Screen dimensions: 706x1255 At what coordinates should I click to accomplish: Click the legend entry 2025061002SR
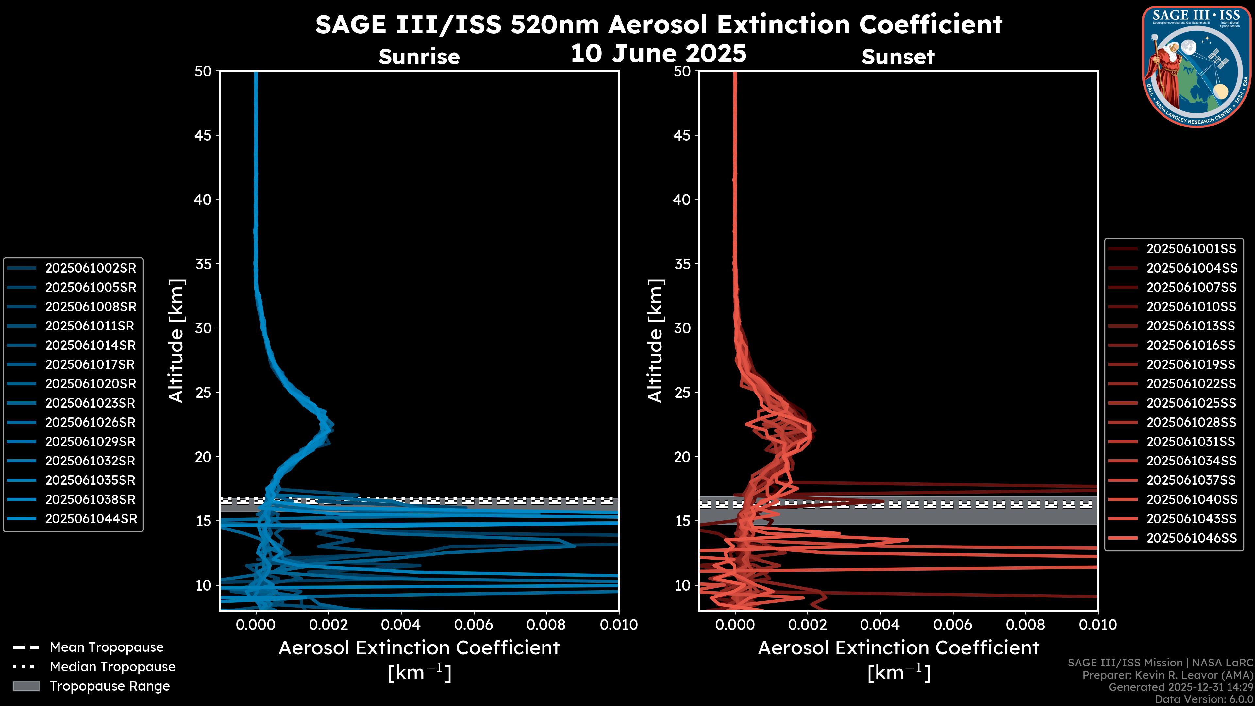(x=91, y=268)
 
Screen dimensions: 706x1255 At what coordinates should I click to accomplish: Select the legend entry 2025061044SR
(x=91, y=519)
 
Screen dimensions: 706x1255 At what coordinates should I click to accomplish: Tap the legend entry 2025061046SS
(x=1191, y=538)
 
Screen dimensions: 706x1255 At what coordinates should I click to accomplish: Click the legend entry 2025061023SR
(x=91, y=403)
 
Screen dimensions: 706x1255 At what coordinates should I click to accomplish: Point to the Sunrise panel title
(x=419, y=57)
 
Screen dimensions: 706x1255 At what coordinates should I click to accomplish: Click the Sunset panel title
(x=898, y=57)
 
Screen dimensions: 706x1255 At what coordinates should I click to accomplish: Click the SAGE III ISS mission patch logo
(x=1196, y=66)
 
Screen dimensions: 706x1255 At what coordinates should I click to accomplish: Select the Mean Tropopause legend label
(x=107, y=647)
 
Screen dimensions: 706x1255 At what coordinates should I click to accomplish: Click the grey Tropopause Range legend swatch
(x=26, y=686)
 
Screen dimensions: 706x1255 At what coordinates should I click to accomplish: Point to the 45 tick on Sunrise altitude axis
(x=203, y=135)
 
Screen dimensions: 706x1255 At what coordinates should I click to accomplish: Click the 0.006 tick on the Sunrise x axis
(x=474, y=625)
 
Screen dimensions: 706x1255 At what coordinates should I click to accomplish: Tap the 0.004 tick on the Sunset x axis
(x=880, y=625)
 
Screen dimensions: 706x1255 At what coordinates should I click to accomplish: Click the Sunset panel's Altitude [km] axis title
(x=655, y=341)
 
